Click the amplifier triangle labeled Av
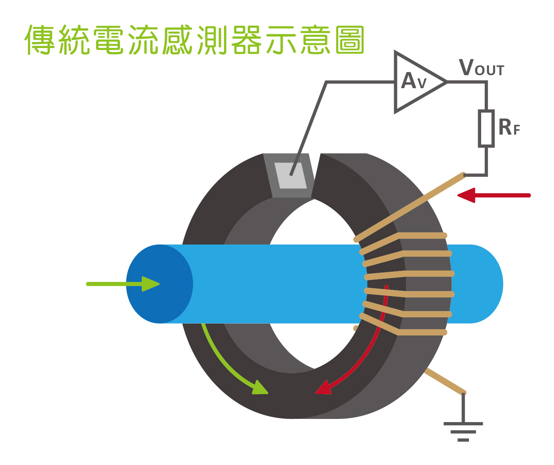click(417, 82)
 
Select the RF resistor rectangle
click(486, 128)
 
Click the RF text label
click(509, 127)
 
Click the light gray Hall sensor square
click(291, 176)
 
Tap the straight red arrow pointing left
click(494, 195)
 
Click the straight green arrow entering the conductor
click(123, 284)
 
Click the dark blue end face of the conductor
click(159, 284)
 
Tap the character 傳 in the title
click(40, 40)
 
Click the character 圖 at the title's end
click(350, 40)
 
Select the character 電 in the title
click(109, 40)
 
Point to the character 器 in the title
click(246, 40)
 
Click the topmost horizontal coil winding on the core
click(422, 235)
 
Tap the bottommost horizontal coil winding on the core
click(422, 332)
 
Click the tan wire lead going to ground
click(444, 381)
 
